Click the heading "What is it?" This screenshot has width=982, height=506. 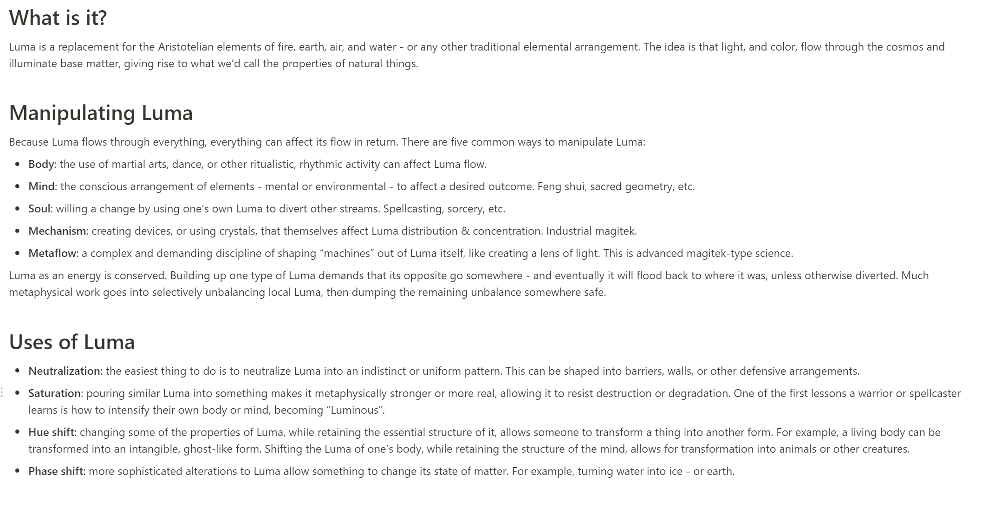(x=58, y=18)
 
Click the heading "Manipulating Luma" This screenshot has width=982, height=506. (x=101, y=113)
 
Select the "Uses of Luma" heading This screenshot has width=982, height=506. (x=72, y=342)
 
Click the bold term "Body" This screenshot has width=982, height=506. (x=41, y=164)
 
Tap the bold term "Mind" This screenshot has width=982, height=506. (x=41, y=186)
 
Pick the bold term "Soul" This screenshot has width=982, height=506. (x=39, y=209)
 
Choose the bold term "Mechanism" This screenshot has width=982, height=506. (x=57, y=231)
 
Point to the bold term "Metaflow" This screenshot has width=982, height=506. (x=52, y=253)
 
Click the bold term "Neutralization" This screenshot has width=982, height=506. (x=64, y=371)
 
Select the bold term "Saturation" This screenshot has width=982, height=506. (x=54, y=393)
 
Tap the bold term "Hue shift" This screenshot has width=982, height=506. (x=51, y=432)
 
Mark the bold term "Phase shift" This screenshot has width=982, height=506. (x=56, y=471)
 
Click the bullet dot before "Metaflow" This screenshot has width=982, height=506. (x=18, y=253)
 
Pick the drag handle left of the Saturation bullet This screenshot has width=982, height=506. (x=2, y=393)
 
